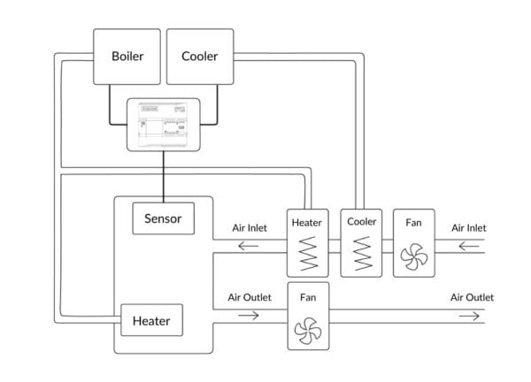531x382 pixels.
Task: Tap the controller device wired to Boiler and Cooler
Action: (165, 123)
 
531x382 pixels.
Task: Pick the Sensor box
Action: (164, 218)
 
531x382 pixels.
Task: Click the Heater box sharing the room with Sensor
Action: (151, 320)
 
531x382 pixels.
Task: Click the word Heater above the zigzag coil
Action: (306, 223)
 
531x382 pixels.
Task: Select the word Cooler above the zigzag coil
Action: (362, 222)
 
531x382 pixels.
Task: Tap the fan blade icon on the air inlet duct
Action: (413, 257)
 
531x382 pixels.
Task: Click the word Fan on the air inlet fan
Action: (413, 222)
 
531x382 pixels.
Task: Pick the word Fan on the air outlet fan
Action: (308, 298)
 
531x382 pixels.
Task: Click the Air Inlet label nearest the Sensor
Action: (250, 227)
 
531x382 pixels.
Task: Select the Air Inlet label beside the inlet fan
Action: (469, 227)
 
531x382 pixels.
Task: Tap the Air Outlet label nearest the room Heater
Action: (250, 297)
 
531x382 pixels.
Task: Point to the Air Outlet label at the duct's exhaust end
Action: (472, 297)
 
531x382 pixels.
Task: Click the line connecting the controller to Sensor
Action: (165, 177)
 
